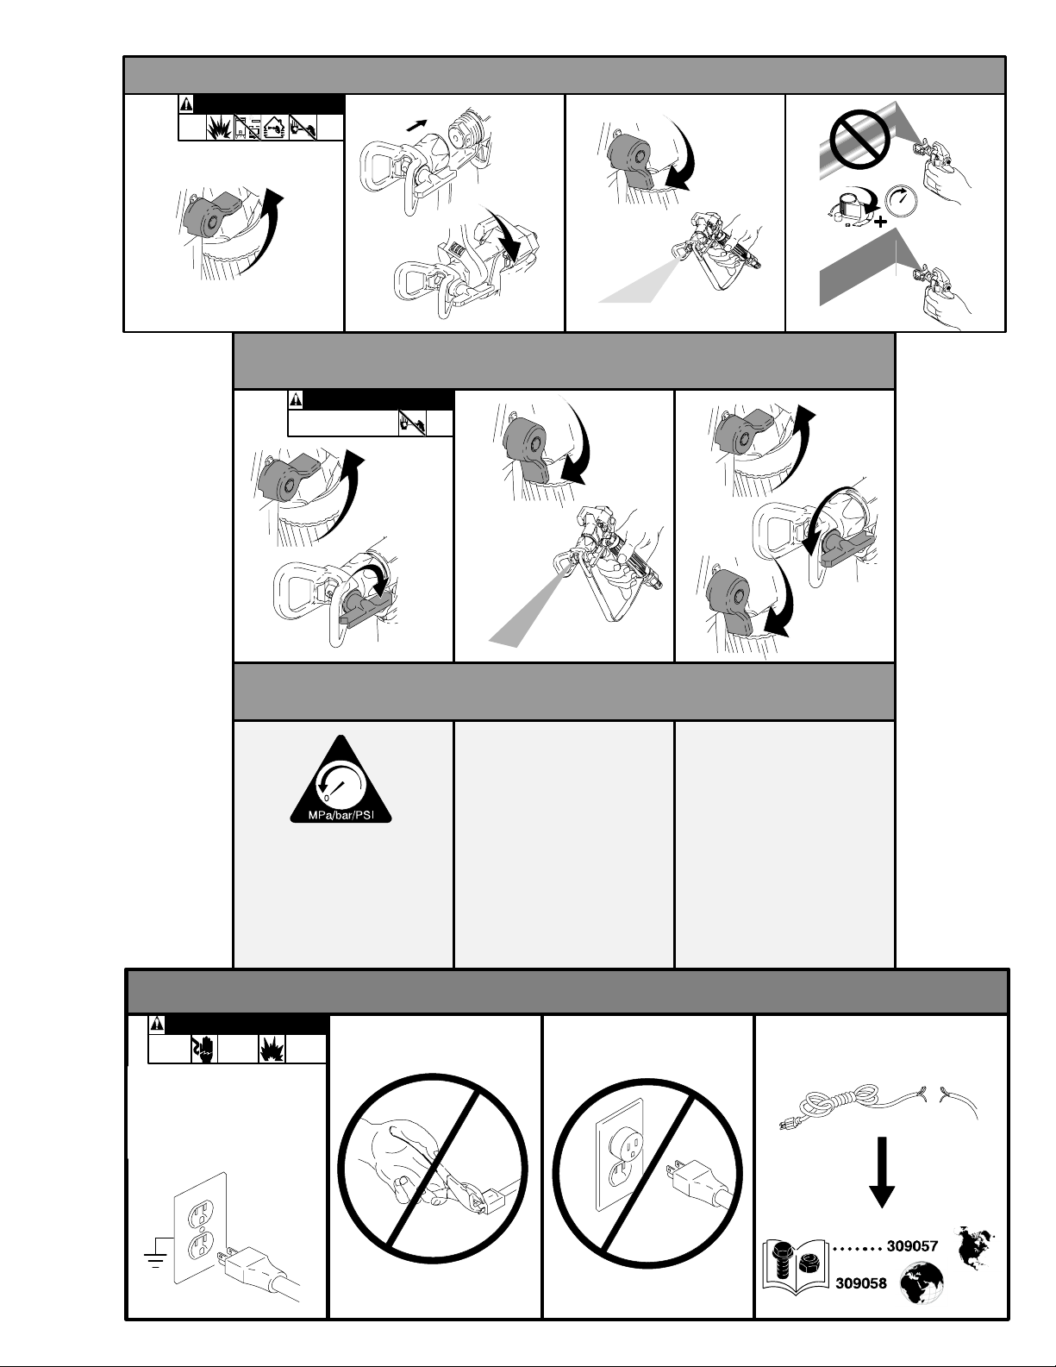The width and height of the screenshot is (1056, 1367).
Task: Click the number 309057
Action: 912,1246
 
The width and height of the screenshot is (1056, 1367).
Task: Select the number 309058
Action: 860,1283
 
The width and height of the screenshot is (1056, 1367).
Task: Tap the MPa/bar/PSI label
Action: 341,815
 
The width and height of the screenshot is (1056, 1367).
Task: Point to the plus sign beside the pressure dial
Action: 881,221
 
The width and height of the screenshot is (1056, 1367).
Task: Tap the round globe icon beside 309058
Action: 922,1283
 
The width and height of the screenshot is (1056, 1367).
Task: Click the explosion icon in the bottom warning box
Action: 272,1049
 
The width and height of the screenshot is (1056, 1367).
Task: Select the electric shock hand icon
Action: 203,1049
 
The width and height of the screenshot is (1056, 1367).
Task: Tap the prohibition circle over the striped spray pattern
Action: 859,139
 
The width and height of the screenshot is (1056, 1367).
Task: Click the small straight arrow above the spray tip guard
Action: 416,126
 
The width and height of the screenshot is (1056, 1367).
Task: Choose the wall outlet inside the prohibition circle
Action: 621,1155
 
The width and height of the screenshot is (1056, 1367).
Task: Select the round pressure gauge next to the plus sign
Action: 902,201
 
